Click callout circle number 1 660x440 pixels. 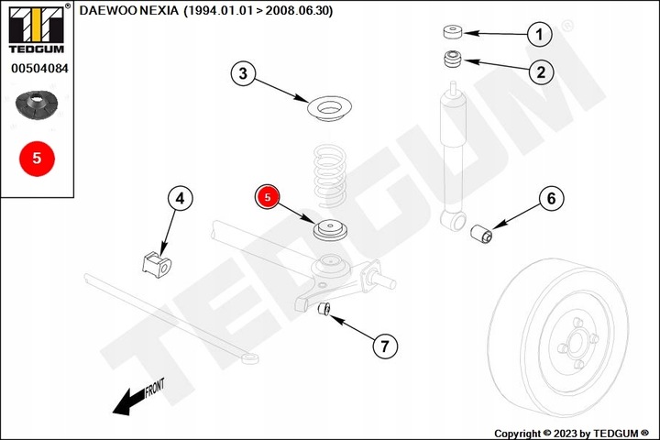click(540, 35)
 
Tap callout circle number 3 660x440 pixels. click(242, 74)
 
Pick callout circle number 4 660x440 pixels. click(180, 197)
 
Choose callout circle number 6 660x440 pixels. click(551, 197)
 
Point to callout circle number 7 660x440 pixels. click(385, 346)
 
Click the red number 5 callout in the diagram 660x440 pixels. click(268, 196)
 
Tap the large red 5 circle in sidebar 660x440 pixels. click(37, 158)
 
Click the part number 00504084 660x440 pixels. click(37, 68)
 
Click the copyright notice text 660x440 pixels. click(570, 433)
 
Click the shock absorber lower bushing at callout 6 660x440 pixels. click(482, 236)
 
